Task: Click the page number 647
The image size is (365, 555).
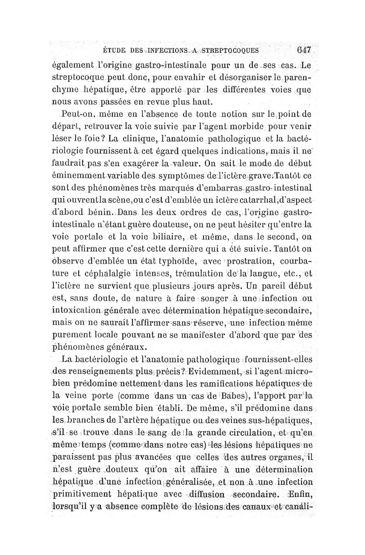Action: pos(303,50)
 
